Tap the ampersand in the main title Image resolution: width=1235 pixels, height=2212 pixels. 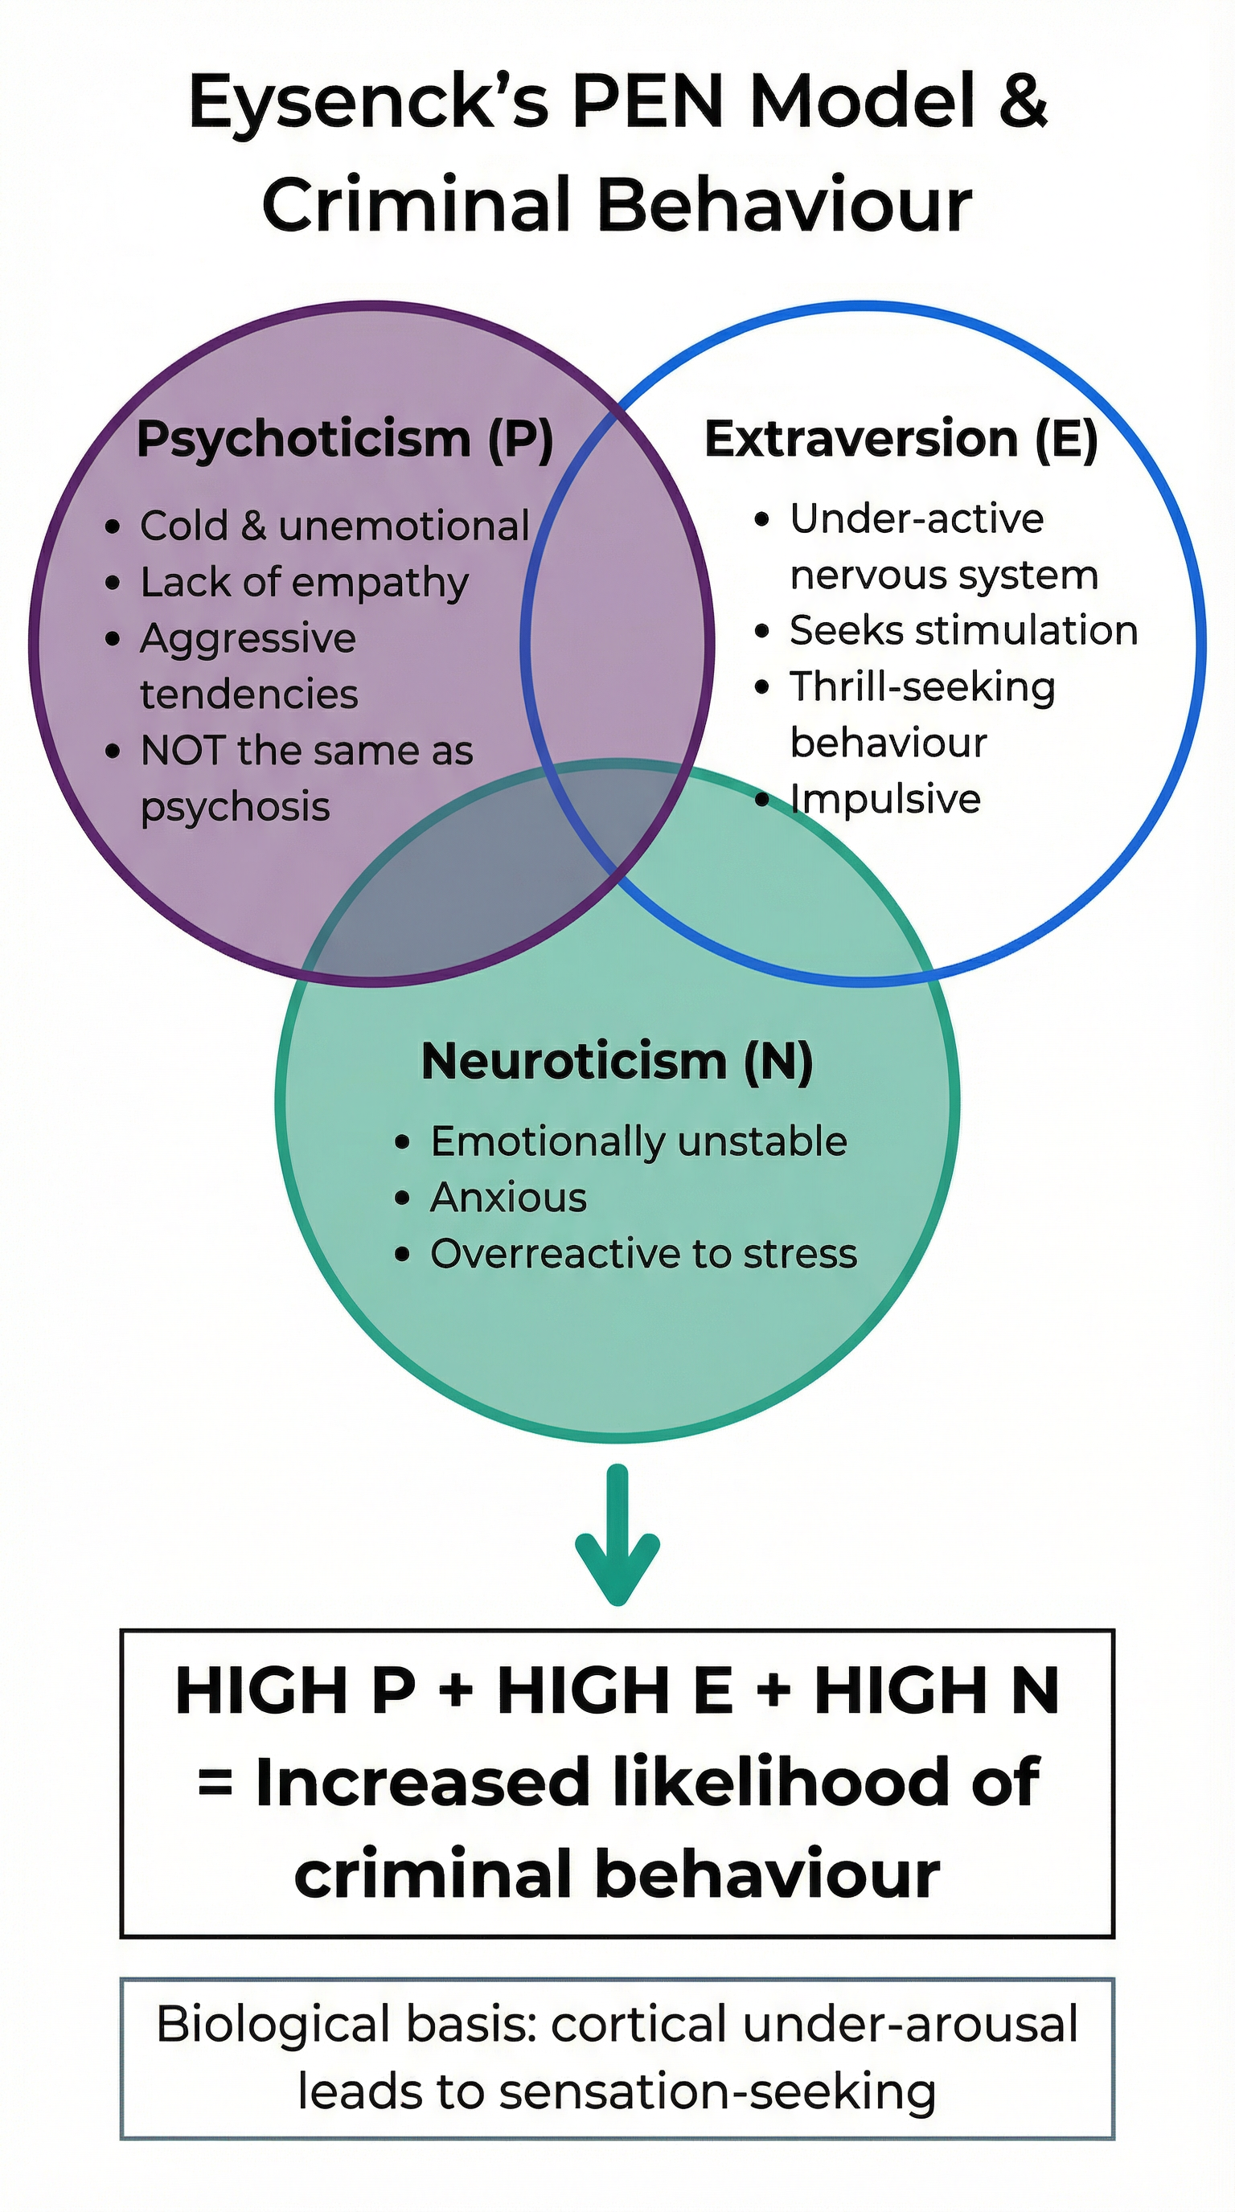pos(1023,101)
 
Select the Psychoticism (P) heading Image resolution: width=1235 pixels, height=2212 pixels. pos(344,439)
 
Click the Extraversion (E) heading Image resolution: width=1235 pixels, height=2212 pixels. pos(901,439)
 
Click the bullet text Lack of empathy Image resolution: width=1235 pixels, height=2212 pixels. pos(304,583)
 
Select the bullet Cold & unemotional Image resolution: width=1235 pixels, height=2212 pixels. pos(334,526)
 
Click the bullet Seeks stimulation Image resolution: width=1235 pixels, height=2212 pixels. pos(962,631)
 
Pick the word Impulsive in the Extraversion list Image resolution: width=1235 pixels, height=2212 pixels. pos(884,800)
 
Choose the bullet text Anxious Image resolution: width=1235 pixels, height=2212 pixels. pos(508,1198)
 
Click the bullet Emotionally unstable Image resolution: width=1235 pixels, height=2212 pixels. pos(638,1142)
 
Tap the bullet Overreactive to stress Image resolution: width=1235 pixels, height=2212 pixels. pos(643,1255)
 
